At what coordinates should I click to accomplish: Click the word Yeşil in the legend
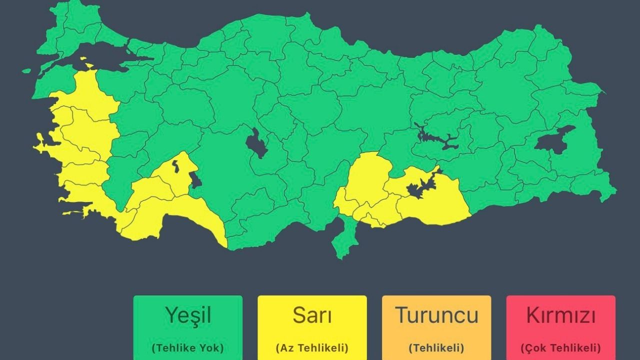click(x=188, y=315)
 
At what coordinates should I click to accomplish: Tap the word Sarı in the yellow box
click(x=312, y=315)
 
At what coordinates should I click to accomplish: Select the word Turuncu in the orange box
click(x=436, y=315)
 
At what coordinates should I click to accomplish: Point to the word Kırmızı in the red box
click(x=560, y=315)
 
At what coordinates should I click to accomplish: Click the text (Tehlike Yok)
click(x=188, y=348)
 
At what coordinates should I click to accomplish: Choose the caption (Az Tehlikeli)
click(x=312, y=348)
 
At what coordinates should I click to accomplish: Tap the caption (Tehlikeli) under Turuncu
click(x=436, y=348)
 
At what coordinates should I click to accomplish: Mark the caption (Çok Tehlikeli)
click(x=560, y=348)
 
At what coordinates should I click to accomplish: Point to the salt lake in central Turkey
click(x=257, y=144)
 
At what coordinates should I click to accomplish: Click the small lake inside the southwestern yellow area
click(x=175, y=166)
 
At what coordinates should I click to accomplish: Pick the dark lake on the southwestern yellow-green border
click(x=195, y=179)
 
